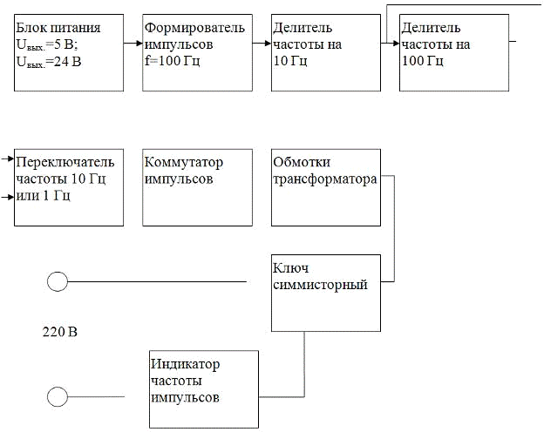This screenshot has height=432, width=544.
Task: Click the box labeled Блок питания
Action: pos(68,52)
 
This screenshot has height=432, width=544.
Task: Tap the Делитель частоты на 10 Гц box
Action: pos(326,52)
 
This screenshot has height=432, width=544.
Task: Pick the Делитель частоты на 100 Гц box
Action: pos(453,52)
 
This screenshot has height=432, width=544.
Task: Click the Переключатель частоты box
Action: pos(68,187)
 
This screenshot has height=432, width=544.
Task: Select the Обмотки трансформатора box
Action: pos(326,187)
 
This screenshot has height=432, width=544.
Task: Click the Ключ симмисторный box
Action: pos(326,293)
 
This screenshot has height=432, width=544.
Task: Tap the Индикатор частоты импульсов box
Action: pos(203,388)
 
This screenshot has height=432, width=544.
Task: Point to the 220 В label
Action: pos(60,333)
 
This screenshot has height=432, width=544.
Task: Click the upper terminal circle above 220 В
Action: pos(58,281)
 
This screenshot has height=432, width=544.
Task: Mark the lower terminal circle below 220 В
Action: pos(58,397)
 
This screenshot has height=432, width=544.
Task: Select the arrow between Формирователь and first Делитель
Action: pos(262,41)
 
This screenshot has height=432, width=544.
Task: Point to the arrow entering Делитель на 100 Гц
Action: pos(391,41)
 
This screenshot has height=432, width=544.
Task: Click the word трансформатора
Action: pos(324,180)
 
